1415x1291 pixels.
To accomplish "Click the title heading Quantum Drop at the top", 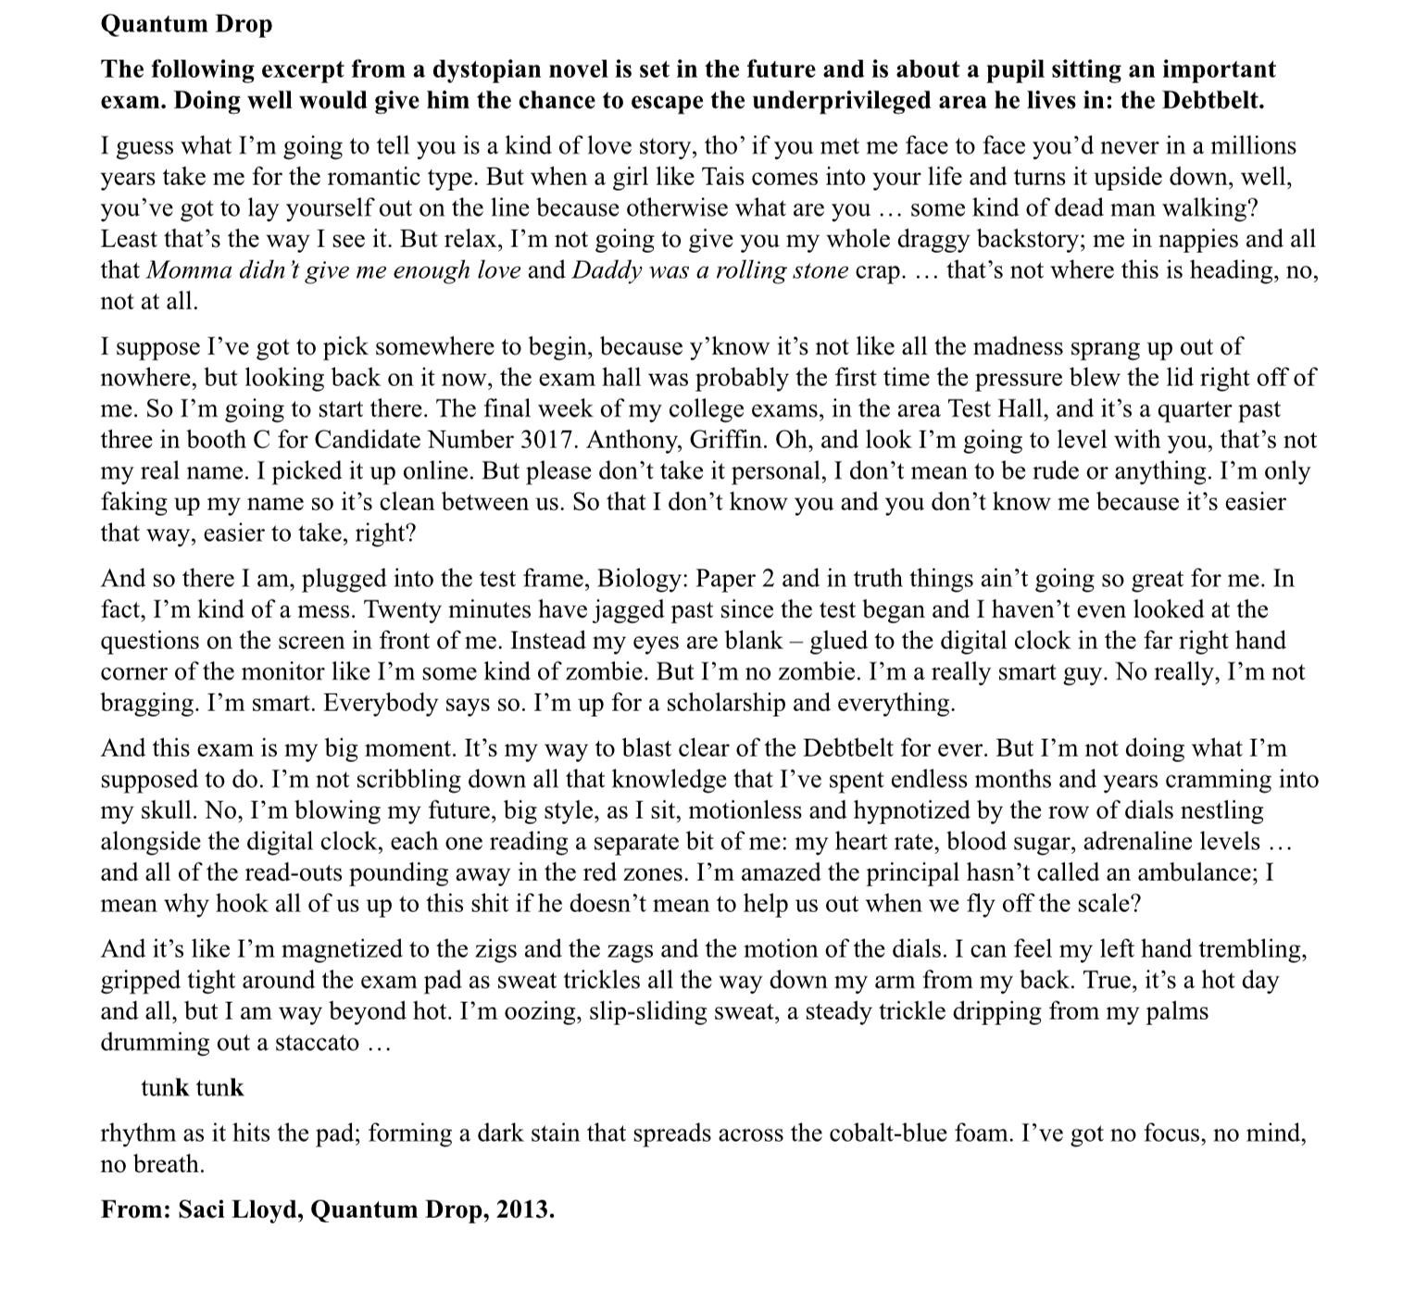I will pos(186,24).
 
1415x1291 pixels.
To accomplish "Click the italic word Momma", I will pos(182,270).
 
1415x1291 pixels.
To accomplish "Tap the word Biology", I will pos(642,579).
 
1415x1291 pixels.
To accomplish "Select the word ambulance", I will pos(1194,872).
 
